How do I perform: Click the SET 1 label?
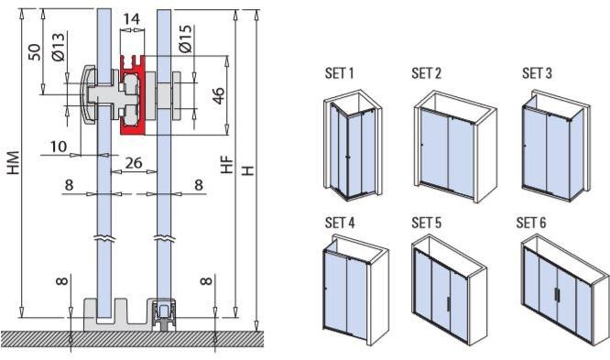point(339,73)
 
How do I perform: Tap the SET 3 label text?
point(537,73)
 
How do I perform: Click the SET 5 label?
point(426,223)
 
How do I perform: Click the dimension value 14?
point(131,17)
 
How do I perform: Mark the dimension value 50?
point(36,50)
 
